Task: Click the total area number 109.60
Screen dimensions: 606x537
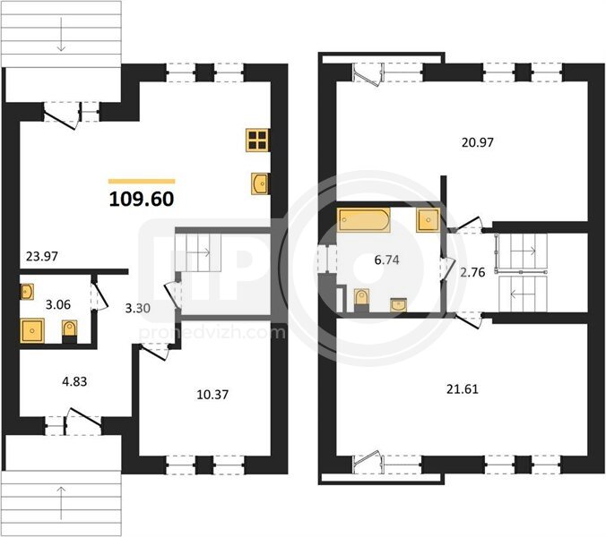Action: (x=142, y=199)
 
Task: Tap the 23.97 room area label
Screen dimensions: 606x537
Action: (x=42, y=256)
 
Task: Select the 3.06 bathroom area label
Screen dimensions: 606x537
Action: (x=58, y=305)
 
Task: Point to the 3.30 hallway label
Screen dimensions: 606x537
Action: (x=137, y=308)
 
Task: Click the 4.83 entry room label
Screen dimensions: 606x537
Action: (x=74, y=381)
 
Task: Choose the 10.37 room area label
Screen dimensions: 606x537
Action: (x=212, y=395)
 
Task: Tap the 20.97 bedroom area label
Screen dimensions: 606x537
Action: (x=478, y=142)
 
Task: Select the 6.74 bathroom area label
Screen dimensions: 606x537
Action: (x=387, y=260)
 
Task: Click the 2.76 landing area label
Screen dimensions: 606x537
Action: (x=472, y=272)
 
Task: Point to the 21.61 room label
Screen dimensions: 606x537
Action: (x=463, y=388)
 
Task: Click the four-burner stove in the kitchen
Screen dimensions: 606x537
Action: (x=257, y=140)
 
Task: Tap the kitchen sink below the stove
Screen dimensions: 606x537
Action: (x=260, y=183)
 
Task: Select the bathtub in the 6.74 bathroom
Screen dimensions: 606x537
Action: (x=363, y=220)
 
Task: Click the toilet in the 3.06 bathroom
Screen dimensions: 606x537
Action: (x=70, y=331)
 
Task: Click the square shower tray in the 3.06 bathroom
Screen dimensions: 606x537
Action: (x=32, y=330)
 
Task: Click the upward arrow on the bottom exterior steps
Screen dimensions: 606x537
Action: (x=61, y=504)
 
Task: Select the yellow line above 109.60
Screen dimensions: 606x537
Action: (x=142, y=181)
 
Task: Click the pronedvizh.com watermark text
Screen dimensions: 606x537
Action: (x=212, y=332)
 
